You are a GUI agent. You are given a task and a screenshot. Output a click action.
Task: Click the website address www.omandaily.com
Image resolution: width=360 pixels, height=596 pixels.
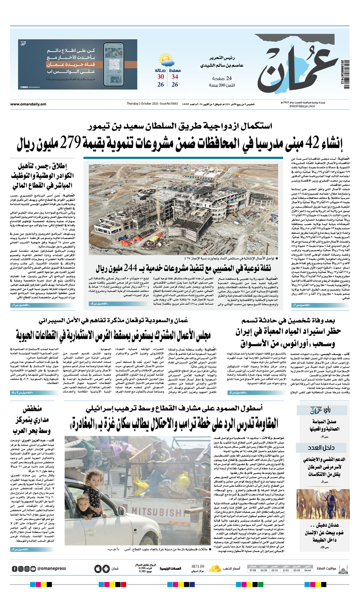(28, 104)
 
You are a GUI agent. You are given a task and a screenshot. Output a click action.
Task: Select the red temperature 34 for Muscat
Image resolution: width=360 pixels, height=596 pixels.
(175, 77)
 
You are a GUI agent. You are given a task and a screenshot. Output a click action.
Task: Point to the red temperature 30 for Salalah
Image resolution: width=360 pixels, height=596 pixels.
(160, 77)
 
